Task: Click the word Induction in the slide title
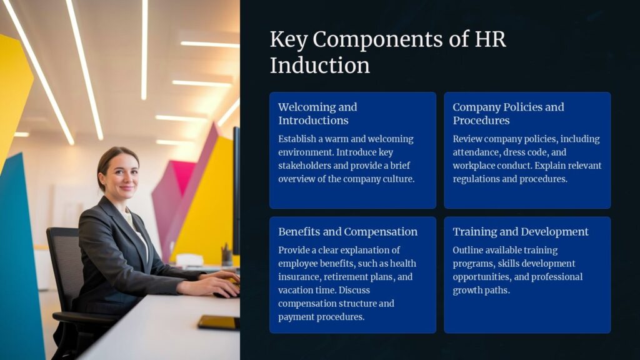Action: (319, 65)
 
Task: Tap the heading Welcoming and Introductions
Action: (317, 114)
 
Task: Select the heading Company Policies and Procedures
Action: (508, 114)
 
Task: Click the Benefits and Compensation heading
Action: (347, 232)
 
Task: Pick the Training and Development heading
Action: (521, 232)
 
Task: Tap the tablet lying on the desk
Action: (219, 322)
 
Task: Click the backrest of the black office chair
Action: (63, 262)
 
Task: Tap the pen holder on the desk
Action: (226, 256)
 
